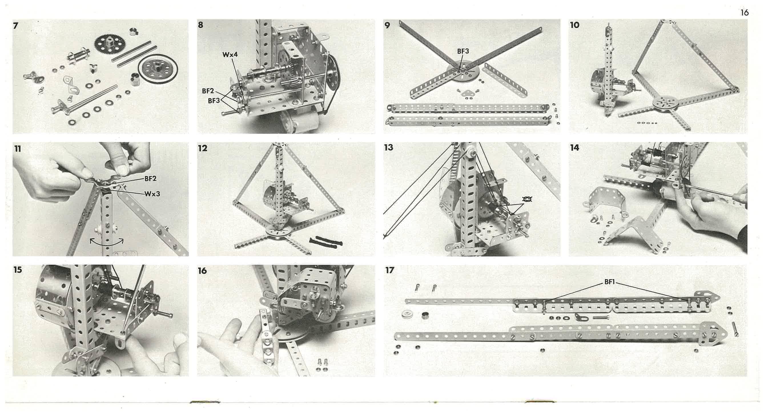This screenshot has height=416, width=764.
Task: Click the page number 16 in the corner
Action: [x=744, y=13]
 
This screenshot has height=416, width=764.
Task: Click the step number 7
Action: [x=16, y=26]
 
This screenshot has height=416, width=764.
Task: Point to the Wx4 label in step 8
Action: [x=230, y=55]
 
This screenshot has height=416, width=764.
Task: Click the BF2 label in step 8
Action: [x=208, y=91]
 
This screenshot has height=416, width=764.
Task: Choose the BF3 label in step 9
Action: [x=463, y=51]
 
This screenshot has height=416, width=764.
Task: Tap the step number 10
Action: [x=574, y=25]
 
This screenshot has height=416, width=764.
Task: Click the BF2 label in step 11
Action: [x=150, y=179]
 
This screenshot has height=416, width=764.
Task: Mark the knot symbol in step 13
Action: [x=527, y=199]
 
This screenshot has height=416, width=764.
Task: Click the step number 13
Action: [x=389, y=147]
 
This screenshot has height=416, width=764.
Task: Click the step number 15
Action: [x=18, y=270]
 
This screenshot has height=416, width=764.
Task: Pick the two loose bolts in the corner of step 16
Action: [x=322, y=365]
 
